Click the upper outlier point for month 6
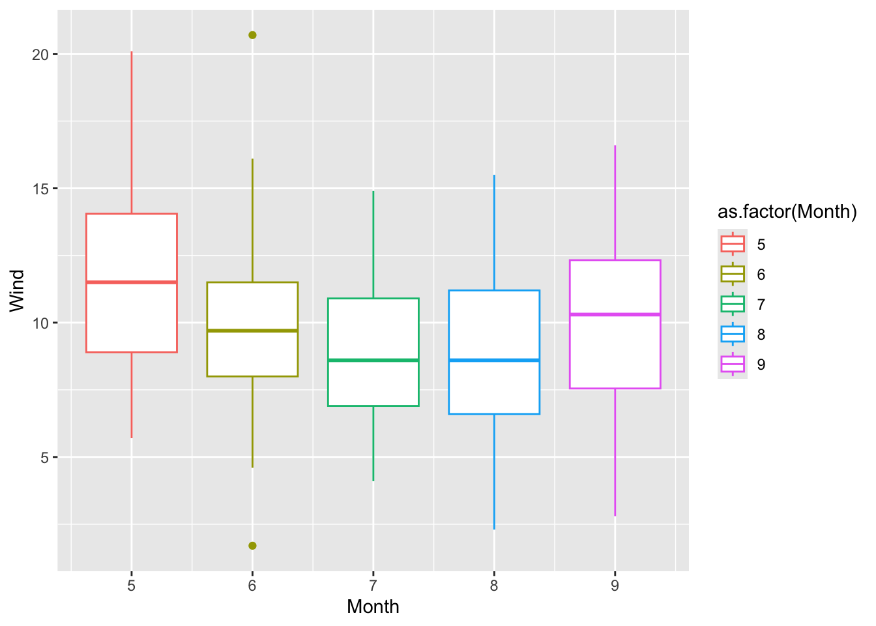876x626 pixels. tap(252, 35)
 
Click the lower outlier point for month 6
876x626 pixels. tap(252, 546)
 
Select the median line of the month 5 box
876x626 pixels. tap(132, 282)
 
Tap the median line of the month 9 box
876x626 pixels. tap(615, 314)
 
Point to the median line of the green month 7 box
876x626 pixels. tap(373, 360)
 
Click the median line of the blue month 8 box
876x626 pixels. tap(494, 360)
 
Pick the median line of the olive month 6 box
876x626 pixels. tap(252, 331)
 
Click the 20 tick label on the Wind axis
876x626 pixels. tap(40, 55)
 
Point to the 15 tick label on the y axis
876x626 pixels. tap(40, 189)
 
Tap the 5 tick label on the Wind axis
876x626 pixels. tap(44, 458)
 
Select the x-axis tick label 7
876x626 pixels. tap(373, 586)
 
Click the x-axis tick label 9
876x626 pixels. tap(615, 586)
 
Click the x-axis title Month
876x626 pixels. tap(373, 607)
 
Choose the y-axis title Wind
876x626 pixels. tap(17, 291)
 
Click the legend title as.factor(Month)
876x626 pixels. tap(787, 212)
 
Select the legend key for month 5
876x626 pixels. tap(733, 244)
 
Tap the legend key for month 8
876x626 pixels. tap(733, 334)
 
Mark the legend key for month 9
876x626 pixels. tap(733, 364)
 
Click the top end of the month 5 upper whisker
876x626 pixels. tap(132, 52)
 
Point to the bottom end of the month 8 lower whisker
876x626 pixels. tap(494, 528)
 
